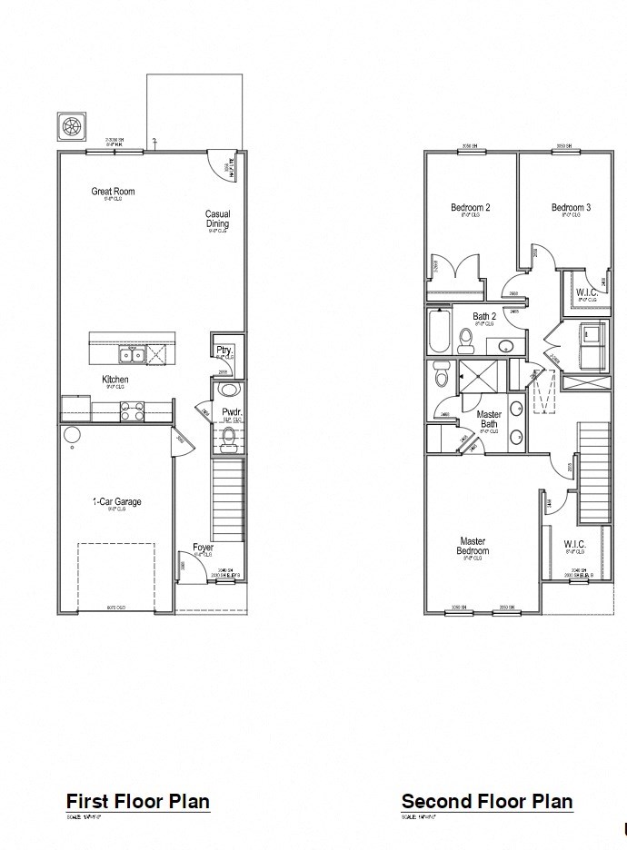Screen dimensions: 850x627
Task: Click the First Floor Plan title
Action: coord(137,801)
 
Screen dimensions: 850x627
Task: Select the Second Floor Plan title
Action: coord(487,801)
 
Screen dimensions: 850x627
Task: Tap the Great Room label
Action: coord(113,192)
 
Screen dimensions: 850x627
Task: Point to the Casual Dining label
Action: coord(217,219)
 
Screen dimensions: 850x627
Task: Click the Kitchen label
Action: coord(114,380)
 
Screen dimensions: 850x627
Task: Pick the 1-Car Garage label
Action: coord(116,501)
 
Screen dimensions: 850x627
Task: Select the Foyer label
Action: coord(203,548)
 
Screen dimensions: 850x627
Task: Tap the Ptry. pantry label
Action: coord(224,350)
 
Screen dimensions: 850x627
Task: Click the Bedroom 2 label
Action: coord(471,208)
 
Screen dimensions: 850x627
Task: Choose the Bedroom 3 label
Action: coord(571,208)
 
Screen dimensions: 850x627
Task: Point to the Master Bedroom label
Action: coord(473,546)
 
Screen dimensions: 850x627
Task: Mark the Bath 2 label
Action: coord(484,317)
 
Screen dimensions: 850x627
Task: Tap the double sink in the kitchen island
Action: coord(130,354)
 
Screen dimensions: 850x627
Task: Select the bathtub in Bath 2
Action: coord(438,333)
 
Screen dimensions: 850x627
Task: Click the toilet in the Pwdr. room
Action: coord(229,440)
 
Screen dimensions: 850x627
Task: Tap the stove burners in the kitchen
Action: coord(130,410)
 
